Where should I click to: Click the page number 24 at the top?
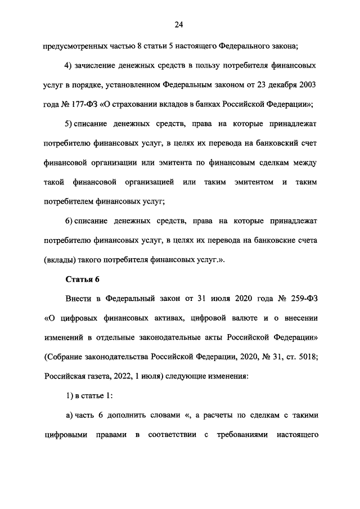click(179, 24)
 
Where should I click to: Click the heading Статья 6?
click(82, 279)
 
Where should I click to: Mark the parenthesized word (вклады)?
click(61, 260)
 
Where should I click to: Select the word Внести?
click(78, 299)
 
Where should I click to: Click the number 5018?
click(307, 357)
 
